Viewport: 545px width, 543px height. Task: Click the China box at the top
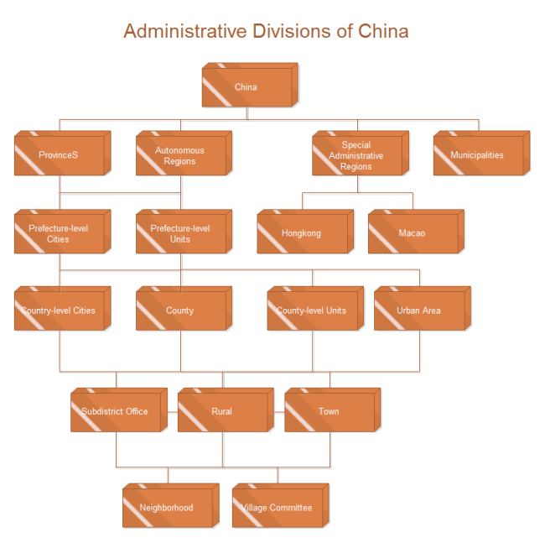click(247, 87)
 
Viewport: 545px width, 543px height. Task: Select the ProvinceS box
click(59, 155)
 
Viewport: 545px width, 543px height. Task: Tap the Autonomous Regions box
click(179, 155)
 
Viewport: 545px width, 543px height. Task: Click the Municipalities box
click(477, 155)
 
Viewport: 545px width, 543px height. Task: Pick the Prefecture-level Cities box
click(59, 233)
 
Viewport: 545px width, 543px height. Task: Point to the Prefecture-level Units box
click(179, 233)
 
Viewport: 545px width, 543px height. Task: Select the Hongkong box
click(302, 233)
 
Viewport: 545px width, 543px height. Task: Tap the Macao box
click(412, 233)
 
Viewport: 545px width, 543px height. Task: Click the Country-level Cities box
click(59, 311)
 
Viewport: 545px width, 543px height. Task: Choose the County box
click(179, 311)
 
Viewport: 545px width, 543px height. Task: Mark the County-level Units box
click(312, 311)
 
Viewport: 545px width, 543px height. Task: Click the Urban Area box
click(418, 311)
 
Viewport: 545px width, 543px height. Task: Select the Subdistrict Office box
click(115, 411)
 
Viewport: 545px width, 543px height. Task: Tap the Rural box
click(222, 411)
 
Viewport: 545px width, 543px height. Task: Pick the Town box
click(329, 411)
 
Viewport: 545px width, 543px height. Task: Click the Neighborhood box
click(167, 508)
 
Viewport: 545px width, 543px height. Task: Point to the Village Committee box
click(277, 508)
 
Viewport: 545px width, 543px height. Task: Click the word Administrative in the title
click(185, 32)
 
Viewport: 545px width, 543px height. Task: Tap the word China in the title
click(384, 32)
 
